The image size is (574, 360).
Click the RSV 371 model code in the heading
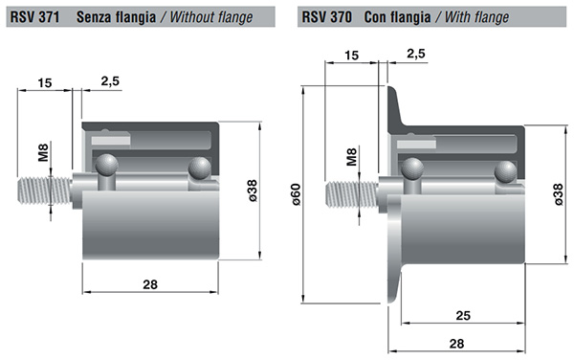34,17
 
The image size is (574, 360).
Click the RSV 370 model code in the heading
326,17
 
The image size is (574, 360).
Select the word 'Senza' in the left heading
94,17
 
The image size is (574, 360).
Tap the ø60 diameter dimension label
296,194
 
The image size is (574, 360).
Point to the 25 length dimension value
463,315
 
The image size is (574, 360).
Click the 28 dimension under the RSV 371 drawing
150,284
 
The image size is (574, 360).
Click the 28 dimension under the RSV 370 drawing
456,344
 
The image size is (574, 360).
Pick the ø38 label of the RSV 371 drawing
253,191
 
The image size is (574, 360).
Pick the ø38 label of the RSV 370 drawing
558,194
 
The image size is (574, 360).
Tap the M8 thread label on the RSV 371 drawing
43,153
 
